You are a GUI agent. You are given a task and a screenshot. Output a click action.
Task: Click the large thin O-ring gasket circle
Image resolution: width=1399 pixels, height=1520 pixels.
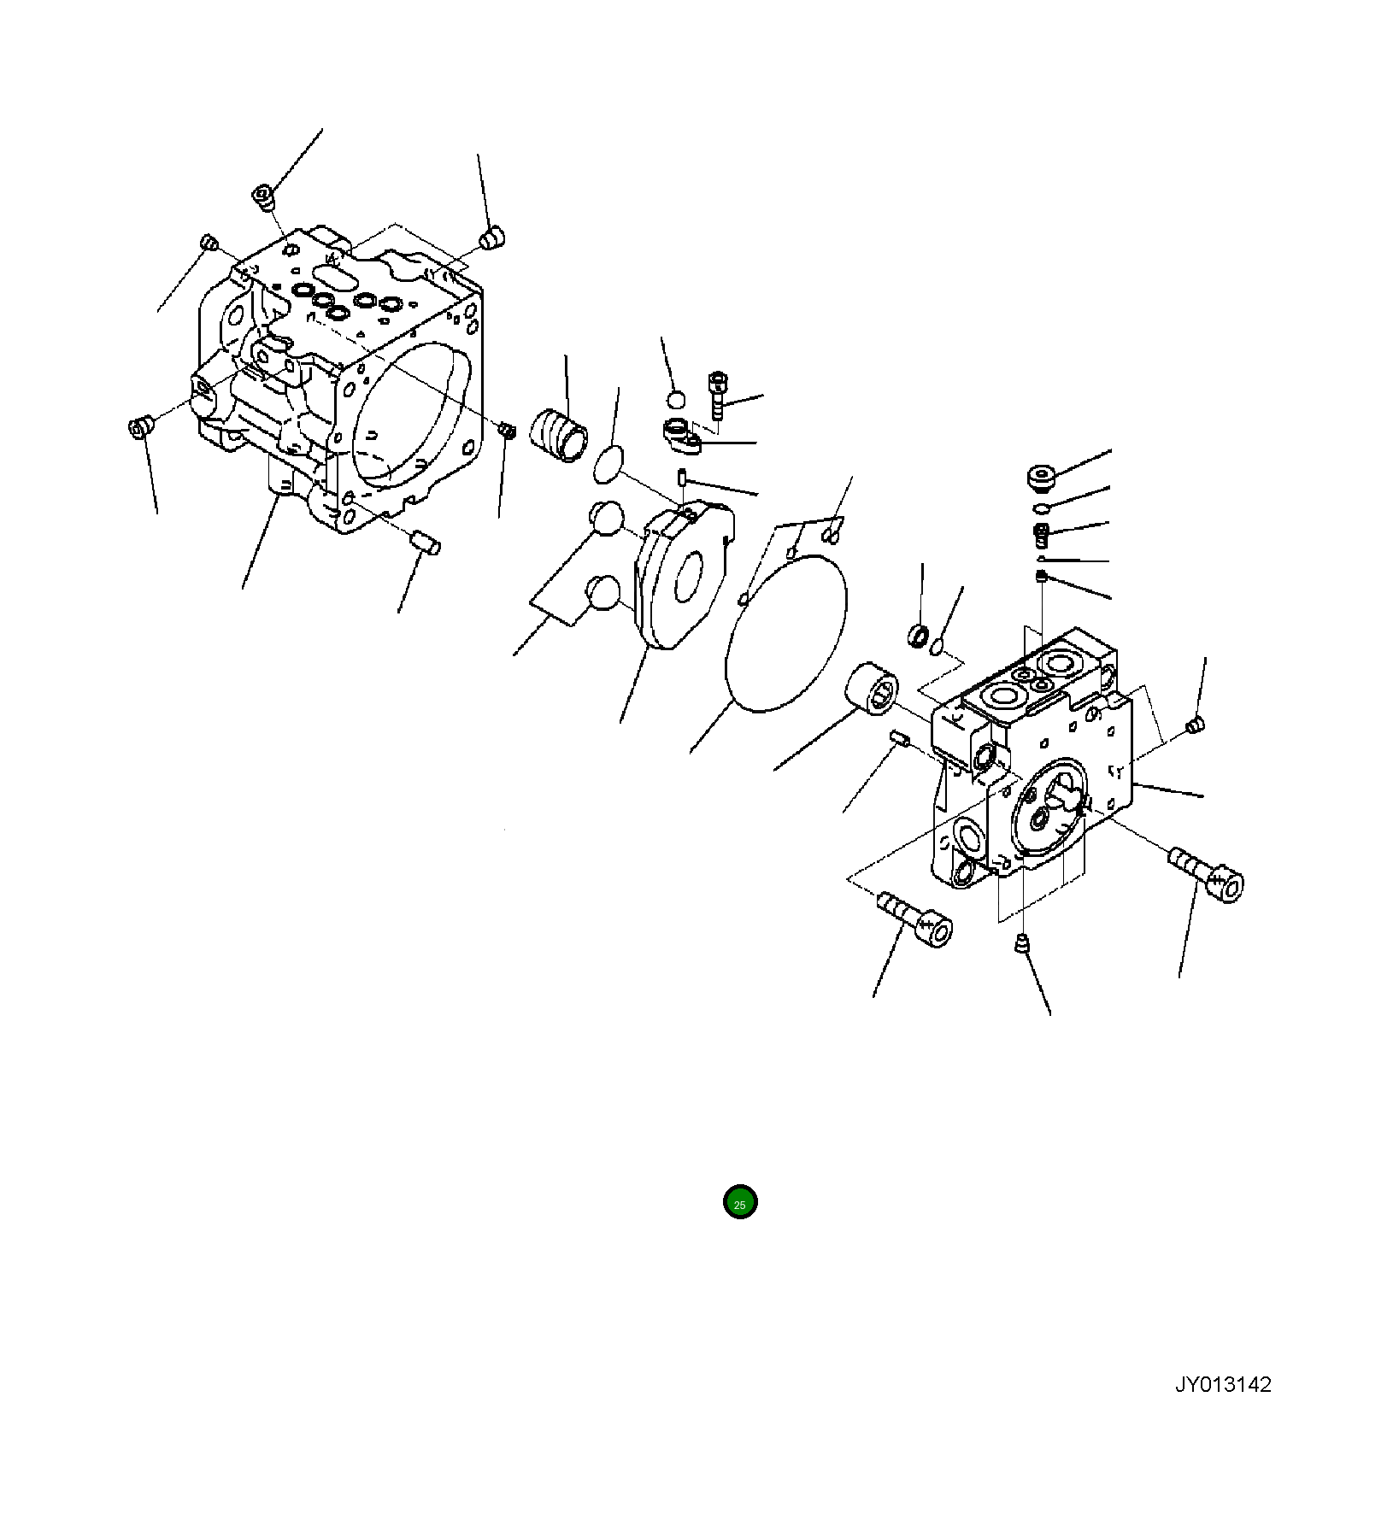[785, 632]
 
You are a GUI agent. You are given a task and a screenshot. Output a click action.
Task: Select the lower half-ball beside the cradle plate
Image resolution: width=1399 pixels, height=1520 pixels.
[606, 593]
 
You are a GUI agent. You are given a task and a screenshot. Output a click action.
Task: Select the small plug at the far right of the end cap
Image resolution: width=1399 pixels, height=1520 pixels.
[1195, 725]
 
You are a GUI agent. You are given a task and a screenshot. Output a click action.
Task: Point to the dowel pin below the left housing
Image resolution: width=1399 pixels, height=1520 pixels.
[425, 541]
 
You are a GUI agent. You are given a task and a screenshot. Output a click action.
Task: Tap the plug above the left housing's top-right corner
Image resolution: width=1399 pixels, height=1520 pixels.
[493, 237]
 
